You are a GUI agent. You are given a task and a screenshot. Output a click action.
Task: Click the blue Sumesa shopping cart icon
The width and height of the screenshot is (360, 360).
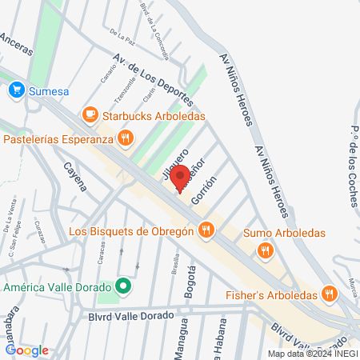point(16,91)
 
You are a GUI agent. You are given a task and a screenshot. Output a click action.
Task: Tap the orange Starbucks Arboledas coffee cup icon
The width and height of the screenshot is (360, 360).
point(89,115)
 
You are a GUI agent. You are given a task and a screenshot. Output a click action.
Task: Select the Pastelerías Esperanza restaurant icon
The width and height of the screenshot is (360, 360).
point(125,139)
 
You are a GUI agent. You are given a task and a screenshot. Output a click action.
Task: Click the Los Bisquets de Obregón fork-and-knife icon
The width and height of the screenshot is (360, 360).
point(206,232)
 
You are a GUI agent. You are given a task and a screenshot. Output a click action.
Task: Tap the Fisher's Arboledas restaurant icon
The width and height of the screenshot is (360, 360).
point(328,294)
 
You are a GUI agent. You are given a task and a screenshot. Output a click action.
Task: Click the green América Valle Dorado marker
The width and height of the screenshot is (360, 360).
point(122,286)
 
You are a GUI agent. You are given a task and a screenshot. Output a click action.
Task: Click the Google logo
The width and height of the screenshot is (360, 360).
point(26,350)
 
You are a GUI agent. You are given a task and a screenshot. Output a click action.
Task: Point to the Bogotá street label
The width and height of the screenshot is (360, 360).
point(190,282)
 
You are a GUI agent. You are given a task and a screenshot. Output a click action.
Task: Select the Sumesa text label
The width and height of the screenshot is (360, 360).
point(50,91)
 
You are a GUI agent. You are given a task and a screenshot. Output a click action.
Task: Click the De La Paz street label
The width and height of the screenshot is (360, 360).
point(122,35)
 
